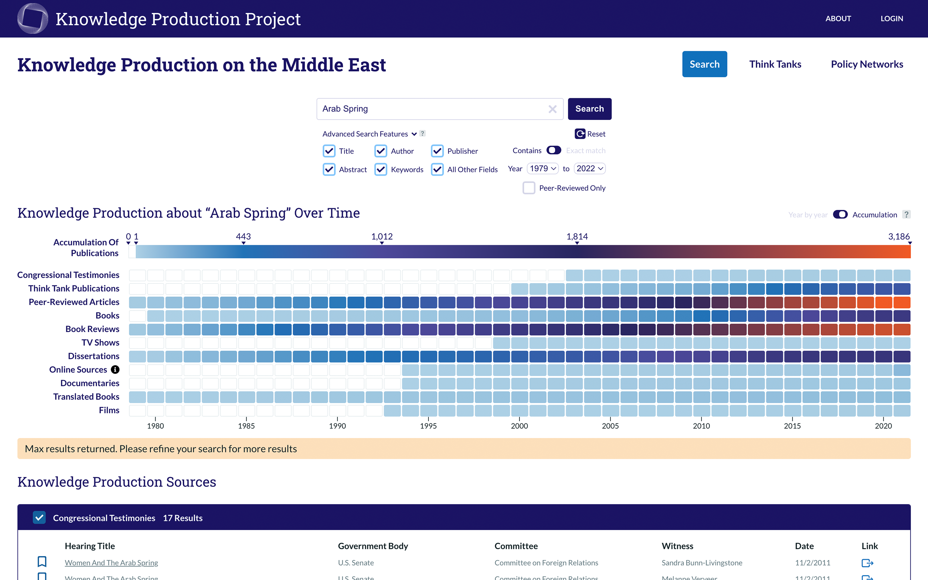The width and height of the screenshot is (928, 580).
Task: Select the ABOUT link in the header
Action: pos(838,18)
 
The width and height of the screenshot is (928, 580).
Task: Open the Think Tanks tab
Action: pos(775,64)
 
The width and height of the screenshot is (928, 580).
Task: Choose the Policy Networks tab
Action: pos(867,64)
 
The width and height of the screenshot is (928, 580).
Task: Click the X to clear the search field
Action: pos(552,109)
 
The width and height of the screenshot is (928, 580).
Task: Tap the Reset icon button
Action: pos(580,134)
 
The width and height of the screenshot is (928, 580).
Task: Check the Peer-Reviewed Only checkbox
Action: pos(529,188)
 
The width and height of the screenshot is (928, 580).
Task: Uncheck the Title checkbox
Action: pos(329,151)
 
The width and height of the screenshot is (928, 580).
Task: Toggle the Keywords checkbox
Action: pos(381,169)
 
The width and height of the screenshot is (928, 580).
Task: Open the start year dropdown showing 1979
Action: pos(543,169)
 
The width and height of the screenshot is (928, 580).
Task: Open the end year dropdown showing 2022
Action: pos(589,169)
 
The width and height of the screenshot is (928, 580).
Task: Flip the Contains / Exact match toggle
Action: pos(554,150)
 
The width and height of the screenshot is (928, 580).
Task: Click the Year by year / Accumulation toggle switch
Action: pos(840,215)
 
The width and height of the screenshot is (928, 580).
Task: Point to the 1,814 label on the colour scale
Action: pos(577,237)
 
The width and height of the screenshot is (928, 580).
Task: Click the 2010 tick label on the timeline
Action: pos(701,426)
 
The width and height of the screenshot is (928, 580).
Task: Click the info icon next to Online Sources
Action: pos(115,369)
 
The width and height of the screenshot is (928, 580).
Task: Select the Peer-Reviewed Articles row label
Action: pos(74,302)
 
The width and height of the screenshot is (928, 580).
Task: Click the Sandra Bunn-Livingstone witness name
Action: pos(702,563)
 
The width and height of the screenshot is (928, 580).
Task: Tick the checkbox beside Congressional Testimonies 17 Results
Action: pos(40,518)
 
